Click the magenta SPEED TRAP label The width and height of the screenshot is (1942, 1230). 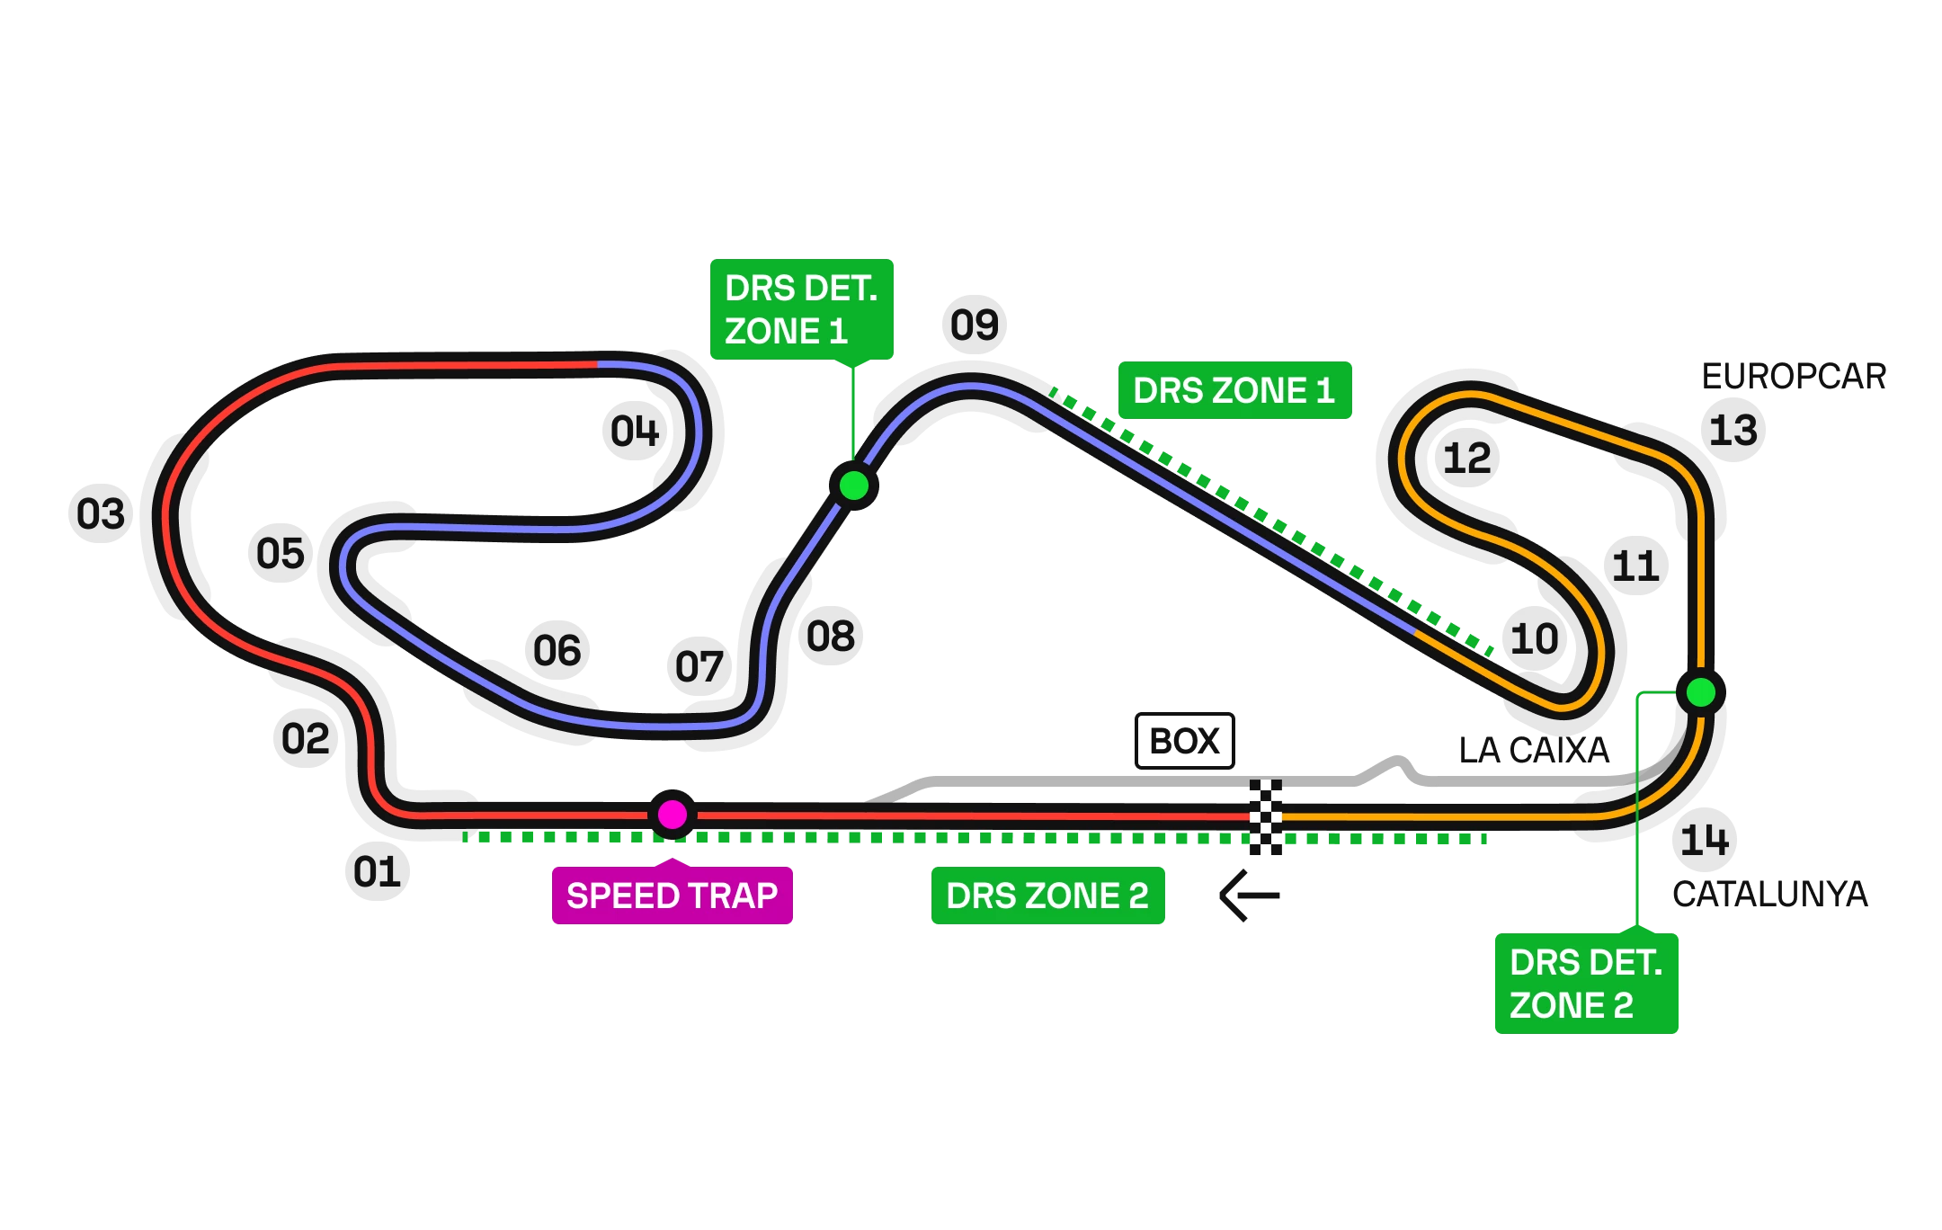coord(672,896)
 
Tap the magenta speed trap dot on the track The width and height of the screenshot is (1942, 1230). coord(673,815)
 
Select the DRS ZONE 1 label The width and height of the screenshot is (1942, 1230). coord(1233,391)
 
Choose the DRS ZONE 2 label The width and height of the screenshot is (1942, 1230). coord(1047,896)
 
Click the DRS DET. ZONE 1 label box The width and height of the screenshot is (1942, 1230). coord(801,309)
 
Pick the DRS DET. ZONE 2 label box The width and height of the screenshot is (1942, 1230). coord(1585,984)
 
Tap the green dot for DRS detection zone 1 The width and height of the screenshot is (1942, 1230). coord(853,486)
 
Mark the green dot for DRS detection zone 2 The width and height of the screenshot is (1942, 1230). coord(1700,692)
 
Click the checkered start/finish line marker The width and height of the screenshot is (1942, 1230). coord(1265,817)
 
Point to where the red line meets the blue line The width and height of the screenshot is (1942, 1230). coord(598,364)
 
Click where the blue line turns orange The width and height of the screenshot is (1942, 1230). coord(1415,632)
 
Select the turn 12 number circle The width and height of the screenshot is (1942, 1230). coord(1465,457)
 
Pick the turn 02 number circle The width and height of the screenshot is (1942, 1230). coord(306,737)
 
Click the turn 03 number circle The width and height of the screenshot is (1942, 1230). coord(100,512)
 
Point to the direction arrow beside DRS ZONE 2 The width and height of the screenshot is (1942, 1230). coord(1245,896)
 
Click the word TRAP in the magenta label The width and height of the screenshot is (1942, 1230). coord(735,896)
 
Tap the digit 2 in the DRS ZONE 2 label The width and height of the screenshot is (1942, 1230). coord(1138,896)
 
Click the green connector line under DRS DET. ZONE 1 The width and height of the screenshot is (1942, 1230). coord(851,414)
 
